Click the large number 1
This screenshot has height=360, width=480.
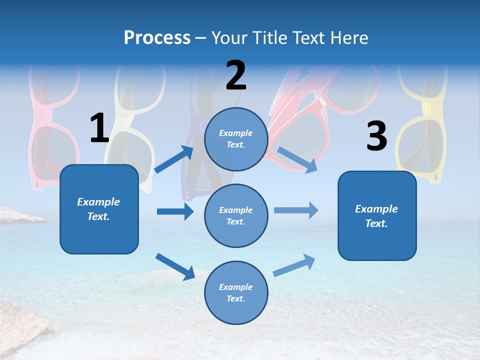tap(99, 128)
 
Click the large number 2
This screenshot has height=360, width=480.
tap(236, 75)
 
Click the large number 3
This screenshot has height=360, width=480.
tap(376, 136)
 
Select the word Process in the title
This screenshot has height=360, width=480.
tap(157, 37)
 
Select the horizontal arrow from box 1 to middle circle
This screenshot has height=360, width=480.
tap(175, 211)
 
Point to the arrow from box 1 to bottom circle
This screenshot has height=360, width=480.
tap(175, 266)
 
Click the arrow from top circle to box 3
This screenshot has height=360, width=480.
tap(297, 159)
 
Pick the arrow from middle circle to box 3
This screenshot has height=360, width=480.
tap(296, 210)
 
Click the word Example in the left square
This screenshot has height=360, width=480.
tap(98, 202)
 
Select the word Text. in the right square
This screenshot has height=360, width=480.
tap(376, 223)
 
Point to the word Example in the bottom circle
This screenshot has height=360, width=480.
tap(235, 287)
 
